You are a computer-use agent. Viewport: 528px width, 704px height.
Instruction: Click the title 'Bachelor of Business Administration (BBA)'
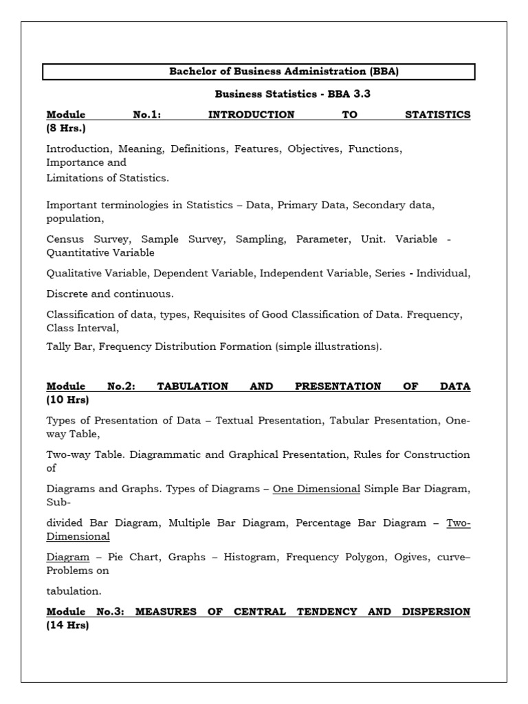coord(258,72)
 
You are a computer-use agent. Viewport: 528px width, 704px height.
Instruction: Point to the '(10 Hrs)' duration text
coord(67,399)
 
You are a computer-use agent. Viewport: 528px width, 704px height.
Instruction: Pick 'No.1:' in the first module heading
coord(146,115)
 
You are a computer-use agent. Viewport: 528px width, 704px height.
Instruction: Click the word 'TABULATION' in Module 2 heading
coord(192,386)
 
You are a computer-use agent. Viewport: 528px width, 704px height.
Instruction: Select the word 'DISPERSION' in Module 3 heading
coord(438,611)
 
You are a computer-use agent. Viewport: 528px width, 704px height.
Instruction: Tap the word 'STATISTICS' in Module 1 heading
coord(438,115)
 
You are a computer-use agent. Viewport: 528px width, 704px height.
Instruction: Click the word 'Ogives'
coord(412,558)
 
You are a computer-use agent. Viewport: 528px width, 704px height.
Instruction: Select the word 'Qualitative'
coord(74,273)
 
